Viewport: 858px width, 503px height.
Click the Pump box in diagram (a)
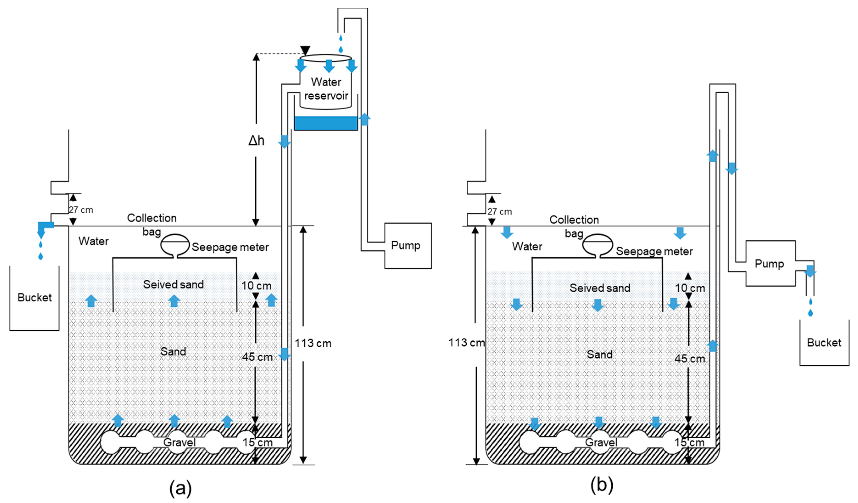[x=408, y=246]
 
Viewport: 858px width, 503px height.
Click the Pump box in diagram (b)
[x=770, y=264]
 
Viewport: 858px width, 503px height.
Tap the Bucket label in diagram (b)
[x=824, y=343]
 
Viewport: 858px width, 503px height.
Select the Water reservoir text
[x=326, y=89]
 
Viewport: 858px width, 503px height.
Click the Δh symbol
[x=256, y=140]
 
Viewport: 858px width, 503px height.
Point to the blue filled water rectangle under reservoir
[x=325, y=123]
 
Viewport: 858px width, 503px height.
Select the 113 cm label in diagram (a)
[x=313, y=343]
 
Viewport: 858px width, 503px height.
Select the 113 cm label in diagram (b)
[x=466, y=343]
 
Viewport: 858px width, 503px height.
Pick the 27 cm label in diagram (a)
[x=81, y=210]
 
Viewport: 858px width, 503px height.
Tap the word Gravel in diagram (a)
[x=179, y=442]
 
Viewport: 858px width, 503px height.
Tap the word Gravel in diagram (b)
[x=601, y=442]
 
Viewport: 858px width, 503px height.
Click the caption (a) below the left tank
[x=180, y=488]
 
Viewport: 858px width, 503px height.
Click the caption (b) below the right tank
[x=602, y=485]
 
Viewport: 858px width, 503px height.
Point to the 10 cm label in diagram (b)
[x=690, y=288]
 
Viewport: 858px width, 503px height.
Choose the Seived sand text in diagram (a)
[x=173, y=284]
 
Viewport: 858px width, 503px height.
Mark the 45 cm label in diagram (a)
[x=257, y=357]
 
